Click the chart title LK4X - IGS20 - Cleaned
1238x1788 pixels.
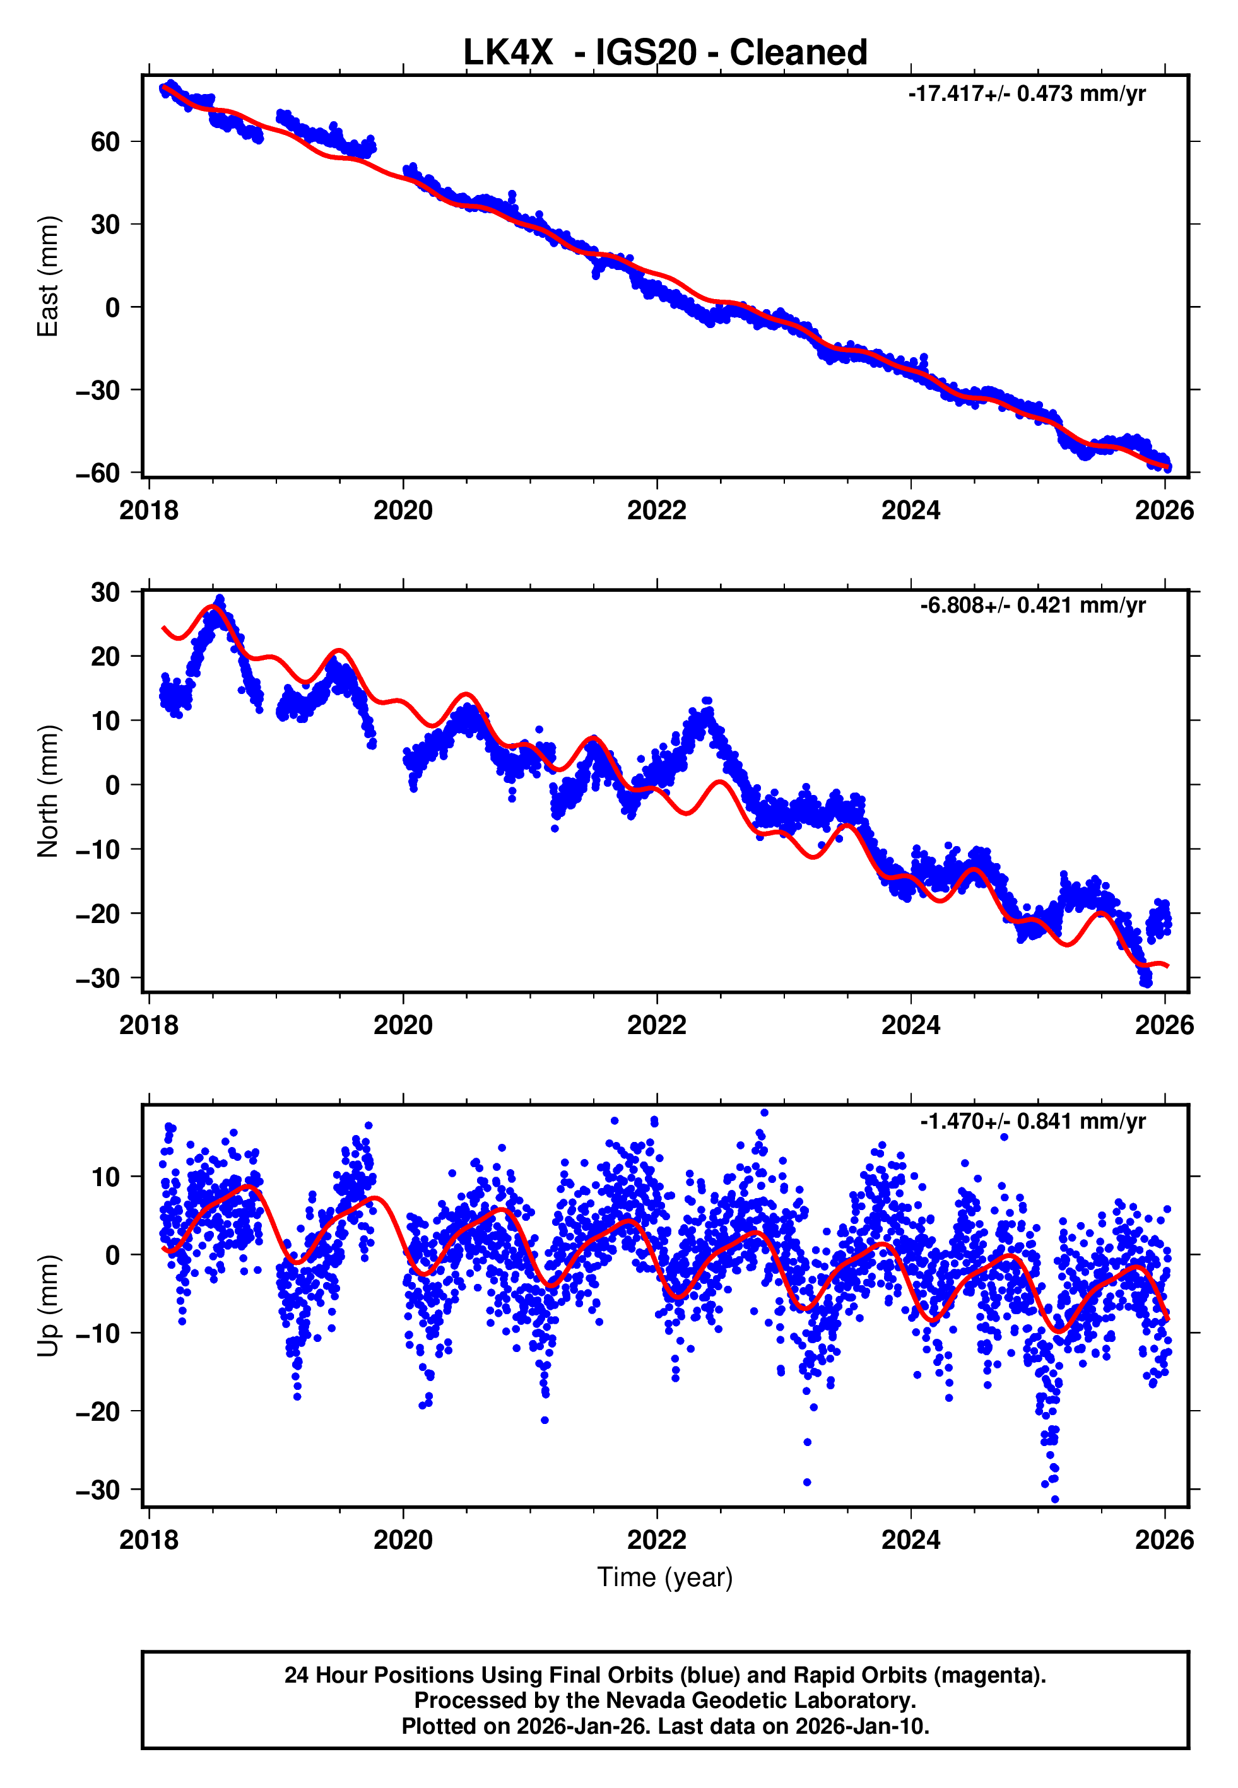point(665,53)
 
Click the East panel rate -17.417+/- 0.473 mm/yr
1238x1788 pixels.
point(1026,94)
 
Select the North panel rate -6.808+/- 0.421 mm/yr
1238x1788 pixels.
point(1032,606)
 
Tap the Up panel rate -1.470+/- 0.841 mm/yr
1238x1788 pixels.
point(1032,1121)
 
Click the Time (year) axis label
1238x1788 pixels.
point(665,1577)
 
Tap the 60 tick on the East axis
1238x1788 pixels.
point(105,142)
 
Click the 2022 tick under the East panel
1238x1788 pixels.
point(656,510)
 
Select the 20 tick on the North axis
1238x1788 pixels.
point(105,657)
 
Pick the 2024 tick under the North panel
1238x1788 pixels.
point(910,1025)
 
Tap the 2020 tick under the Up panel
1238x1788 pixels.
point(403,1540)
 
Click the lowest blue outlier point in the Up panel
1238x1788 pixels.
point(1054,1500)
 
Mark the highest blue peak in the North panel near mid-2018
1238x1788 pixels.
point(220,599)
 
